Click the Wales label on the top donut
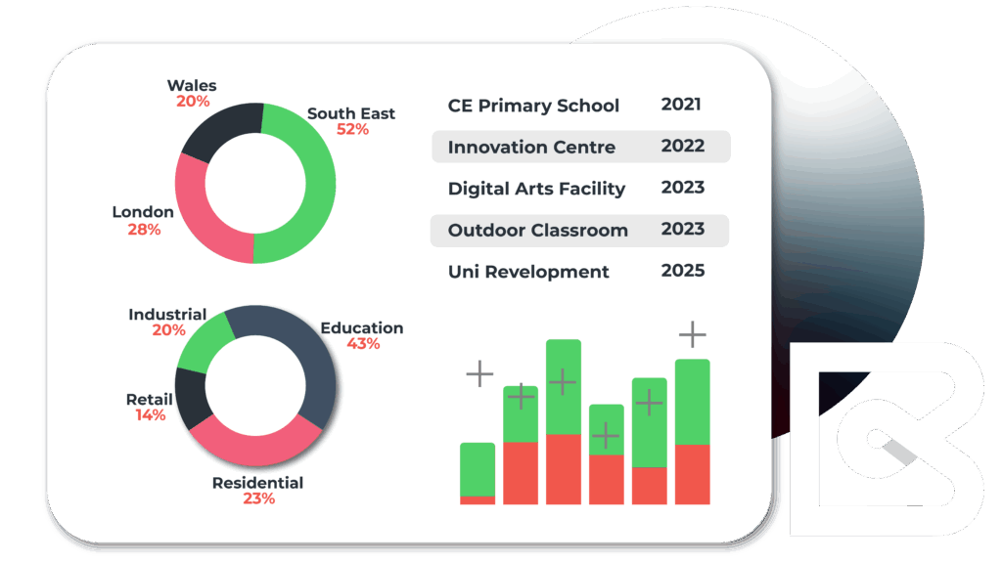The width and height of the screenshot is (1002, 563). (192, 86)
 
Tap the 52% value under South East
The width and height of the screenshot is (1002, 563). (352, 129)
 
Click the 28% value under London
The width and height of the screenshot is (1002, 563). (144, 230)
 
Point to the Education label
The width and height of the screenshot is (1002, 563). (362, 328)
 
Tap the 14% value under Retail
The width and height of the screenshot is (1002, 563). (150, 415)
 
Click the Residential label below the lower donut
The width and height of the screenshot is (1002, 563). (258, 483)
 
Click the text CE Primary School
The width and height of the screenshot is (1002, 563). (533, 106)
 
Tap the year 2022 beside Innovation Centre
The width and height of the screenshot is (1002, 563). (683, 147)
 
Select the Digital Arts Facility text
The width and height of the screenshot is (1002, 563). (536, 189)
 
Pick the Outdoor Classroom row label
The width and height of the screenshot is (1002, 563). (537, 231)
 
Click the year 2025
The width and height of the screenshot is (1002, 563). (683, 271)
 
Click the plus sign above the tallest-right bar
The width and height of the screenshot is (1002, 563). (693, 335)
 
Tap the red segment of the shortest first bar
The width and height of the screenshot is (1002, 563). (478, 499)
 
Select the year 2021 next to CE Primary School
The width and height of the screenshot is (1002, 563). (681, 105)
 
